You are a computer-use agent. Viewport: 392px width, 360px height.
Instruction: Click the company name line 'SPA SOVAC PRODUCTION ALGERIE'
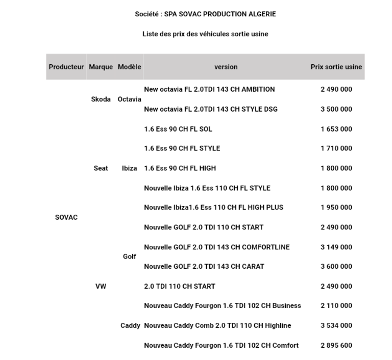click(205, 14)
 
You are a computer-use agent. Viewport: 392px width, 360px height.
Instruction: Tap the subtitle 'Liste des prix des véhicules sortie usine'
click(205, 34)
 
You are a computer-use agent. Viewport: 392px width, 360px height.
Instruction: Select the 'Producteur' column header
click(66, 67)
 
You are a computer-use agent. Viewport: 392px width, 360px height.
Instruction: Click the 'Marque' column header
click(101, 67)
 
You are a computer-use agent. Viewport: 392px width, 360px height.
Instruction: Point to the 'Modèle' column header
click(130, 67)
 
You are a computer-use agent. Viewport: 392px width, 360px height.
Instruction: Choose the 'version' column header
click(226, 67)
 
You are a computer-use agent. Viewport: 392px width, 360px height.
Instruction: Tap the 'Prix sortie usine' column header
click(336, 67)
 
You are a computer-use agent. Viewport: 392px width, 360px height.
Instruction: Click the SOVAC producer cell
click(66, 217)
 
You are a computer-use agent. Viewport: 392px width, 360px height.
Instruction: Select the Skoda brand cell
click(101, 99)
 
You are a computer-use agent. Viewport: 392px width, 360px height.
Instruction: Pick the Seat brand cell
click(101, 168)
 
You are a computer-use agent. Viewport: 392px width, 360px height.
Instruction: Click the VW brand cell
click(101, 287)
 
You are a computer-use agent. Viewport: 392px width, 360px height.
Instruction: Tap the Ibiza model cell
click(130, 168)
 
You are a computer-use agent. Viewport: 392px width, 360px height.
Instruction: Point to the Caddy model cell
click(130, 326)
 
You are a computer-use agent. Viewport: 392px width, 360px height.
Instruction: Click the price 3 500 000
click(336, 109)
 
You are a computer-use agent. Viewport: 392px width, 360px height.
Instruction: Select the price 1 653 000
click(336, 129)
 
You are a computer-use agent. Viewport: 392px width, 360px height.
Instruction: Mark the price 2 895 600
click(336, 346)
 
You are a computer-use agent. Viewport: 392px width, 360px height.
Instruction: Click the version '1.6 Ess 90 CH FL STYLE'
click(182, 148)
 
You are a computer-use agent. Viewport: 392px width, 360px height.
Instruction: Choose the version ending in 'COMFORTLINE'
click(216, 247)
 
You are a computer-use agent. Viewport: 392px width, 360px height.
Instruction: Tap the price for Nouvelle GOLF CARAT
click(336, 267)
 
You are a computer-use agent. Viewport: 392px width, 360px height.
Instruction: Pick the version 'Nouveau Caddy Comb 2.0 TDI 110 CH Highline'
click(217, 326)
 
